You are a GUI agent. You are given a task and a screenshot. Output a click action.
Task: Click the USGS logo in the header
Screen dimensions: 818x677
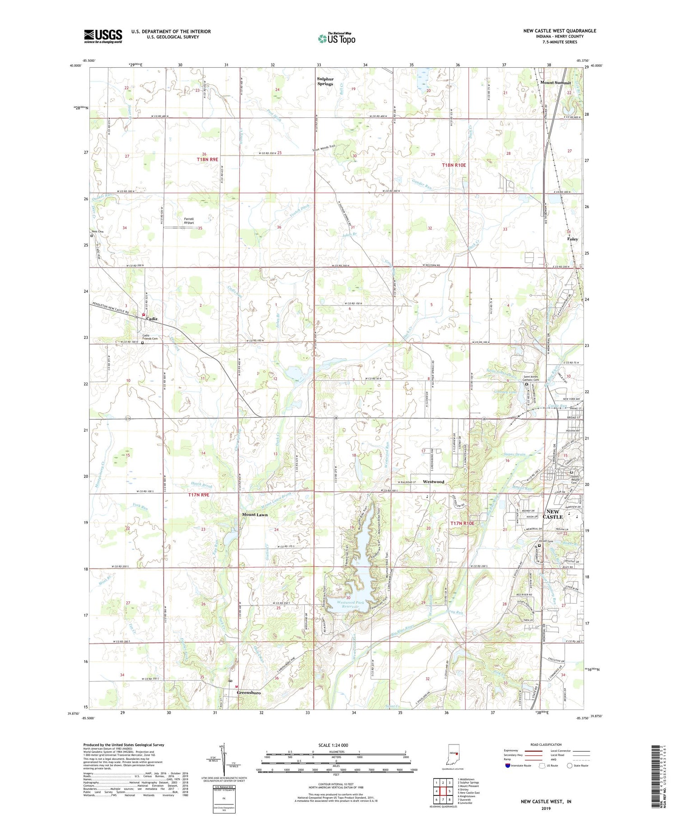point(103,36)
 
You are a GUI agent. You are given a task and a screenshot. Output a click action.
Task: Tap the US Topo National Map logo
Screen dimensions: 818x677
point(336,38)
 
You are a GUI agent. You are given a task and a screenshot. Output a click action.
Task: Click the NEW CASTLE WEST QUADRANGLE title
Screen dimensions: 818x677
point(559,31)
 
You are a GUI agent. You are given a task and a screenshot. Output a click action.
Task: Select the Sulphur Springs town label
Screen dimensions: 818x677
point(325,81)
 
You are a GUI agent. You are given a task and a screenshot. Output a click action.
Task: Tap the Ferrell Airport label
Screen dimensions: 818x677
point(189,221)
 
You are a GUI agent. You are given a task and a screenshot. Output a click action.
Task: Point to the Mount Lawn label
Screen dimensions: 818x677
point(255,515)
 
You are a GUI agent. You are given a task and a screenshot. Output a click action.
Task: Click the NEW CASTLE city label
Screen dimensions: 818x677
point(553,514)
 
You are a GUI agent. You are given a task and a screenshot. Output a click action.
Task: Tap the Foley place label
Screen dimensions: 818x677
point(572,239)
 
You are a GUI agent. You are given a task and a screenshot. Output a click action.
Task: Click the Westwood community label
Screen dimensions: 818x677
point(433,482)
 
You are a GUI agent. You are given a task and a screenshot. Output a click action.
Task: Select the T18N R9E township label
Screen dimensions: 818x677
point(207,159)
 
